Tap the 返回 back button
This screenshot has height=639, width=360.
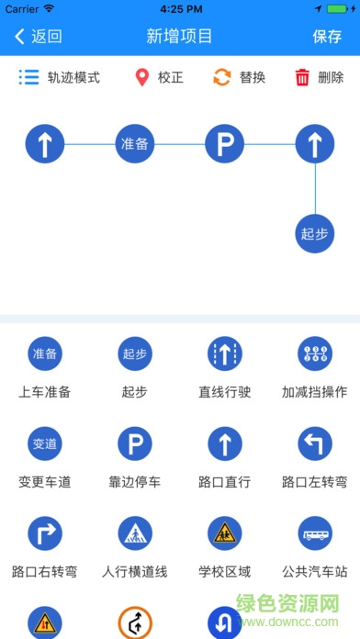(38, 37)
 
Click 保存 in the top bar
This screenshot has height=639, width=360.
(327, 37)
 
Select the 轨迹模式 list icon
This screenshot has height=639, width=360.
(29, 77)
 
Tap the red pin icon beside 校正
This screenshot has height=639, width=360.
(141, 77)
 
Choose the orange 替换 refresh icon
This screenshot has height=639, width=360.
(221, 77)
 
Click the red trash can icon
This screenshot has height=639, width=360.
(302, 77)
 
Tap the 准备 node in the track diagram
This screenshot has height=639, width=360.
(134, 143)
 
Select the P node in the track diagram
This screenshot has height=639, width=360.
(224, 143)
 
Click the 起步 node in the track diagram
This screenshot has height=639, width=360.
(314, 233)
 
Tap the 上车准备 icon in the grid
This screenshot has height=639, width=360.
(44, 354)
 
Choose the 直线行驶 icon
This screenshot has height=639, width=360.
(224, 354)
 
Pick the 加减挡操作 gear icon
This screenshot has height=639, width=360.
(314, 354)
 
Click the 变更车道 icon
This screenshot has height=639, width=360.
(44, 444)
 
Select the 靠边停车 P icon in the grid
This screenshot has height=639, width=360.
(134, 444)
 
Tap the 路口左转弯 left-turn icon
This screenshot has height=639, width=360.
(314, 444)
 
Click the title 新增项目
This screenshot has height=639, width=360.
(179, 37)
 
